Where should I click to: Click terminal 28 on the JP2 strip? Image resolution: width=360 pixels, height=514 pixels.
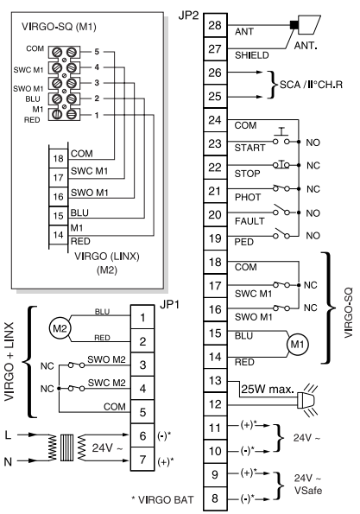(x=215, y=25)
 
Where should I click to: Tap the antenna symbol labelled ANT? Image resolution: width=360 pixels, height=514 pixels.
(x=306, y=24)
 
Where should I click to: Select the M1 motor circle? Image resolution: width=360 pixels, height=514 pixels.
(x=298, y=344)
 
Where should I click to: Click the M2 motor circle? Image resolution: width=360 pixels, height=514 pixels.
(x=60, y=328)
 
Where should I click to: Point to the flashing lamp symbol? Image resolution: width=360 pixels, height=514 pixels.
(x=307, y=400)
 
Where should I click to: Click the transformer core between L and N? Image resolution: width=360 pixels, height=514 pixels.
(x=67, y=447)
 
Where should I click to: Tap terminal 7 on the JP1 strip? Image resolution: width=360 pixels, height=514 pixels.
(x=142, y=460)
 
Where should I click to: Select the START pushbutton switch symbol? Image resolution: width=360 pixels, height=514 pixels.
(x=281, y=137)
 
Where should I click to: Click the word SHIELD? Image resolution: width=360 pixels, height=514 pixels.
(x=251, y=55)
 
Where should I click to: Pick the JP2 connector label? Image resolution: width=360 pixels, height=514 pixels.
(x=188, y=16)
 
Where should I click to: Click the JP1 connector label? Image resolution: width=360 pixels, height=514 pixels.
(x=169, y=305)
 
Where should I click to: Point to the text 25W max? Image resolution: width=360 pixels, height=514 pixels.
(x=268, y=390)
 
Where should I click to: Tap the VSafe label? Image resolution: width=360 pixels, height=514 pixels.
(x=308, y=491)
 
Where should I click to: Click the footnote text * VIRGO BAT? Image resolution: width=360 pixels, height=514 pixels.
(x=162, y=499)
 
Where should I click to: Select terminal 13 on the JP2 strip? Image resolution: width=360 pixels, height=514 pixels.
(x=215, y=381)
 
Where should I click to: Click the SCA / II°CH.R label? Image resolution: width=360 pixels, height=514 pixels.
(x=311, y=85)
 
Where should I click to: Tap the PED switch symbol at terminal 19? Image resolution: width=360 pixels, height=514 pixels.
(x=281, y=233)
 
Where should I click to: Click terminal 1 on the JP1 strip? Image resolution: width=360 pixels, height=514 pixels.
(x=142, y=317)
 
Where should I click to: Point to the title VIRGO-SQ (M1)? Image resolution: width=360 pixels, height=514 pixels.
(x=59, y=27)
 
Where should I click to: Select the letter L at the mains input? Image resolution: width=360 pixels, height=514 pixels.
(x=8, y=435)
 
